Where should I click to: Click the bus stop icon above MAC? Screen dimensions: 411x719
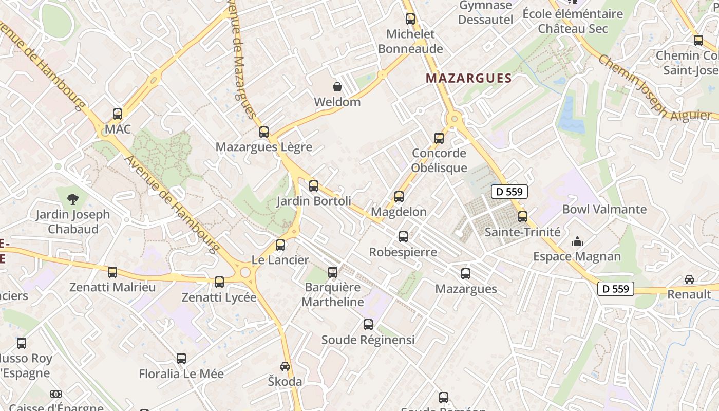(118, 114)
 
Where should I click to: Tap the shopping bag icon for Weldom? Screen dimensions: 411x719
(337, 86)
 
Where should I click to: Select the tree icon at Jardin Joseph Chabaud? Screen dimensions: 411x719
(73, 199)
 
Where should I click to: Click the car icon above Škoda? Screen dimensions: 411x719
(285, 366)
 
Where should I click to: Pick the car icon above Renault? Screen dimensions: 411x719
(689, 279)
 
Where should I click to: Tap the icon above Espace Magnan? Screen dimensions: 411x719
(577, 241)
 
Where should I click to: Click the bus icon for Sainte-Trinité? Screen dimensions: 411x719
(523, 217)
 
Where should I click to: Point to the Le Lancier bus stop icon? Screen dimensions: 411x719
(280, 245)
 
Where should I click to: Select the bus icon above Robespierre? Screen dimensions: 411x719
(403, 237)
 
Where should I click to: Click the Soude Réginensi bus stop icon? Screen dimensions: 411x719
(368, 325)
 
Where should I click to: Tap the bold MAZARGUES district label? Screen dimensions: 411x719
(469, 79)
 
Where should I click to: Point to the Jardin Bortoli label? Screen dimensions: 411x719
(314, 201)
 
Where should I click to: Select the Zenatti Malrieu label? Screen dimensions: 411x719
(112, 287)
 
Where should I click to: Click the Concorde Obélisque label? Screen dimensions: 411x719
(439, 160)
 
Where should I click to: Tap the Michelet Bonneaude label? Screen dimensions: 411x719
(410, 42)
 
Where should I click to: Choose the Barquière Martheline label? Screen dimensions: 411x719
(332, 294)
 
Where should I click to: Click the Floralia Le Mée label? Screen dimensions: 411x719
(181, 373)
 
